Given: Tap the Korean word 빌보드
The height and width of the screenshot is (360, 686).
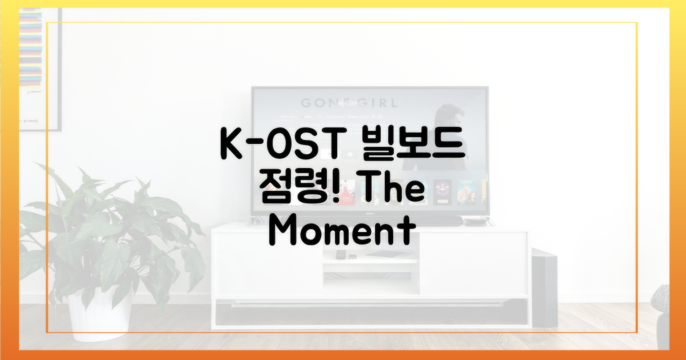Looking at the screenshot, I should pyautogui.click(x=408, y=147).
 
